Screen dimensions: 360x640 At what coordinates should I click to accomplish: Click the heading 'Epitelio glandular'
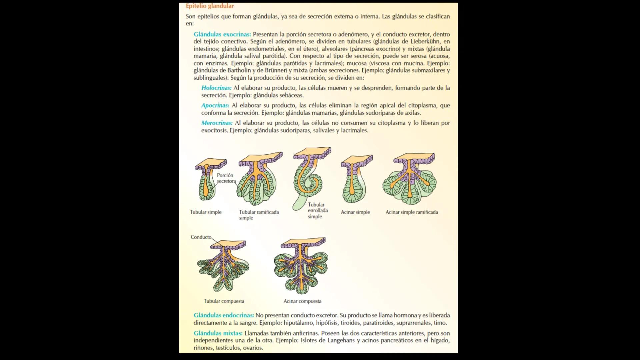coord(210,6)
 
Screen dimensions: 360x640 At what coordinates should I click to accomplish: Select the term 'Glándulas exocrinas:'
coord(222,34)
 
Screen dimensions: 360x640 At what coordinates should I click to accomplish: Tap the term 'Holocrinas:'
coord(216,88)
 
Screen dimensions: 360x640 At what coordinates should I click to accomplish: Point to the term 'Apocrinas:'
coord(215,105)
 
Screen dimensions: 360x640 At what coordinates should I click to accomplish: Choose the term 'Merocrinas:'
coord(217,123)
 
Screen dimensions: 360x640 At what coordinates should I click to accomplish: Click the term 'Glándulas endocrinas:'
coord(224,315)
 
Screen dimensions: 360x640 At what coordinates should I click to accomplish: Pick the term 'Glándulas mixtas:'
coord(218,333)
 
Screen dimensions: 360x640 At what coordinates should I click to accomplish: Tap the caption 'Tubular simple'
coord(206,212)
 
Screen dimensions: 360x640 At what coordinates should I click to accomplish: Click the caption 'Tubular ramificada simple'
coord(259,215)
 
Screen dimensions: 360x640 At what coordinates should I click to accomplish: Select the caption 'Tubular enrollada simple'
coord(318,211)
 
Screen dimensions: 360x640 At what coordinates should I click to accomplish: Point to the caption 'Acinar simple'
coord(355,212)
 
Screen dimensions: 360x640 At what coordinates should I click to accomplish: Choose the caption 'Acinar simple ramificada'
coord(412,212)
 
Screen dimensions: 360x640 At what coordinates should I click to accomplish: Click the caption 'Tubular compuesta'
coord(224,301)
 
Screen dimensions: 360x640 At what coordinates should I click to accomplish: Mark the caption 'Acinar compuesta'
coord(302,301)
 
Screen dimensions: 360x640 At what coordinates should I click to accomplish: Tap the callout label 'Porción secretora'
coord(226,178)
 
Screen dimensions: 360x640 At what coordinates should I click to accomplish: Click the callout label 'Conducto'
coord(201,237)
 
